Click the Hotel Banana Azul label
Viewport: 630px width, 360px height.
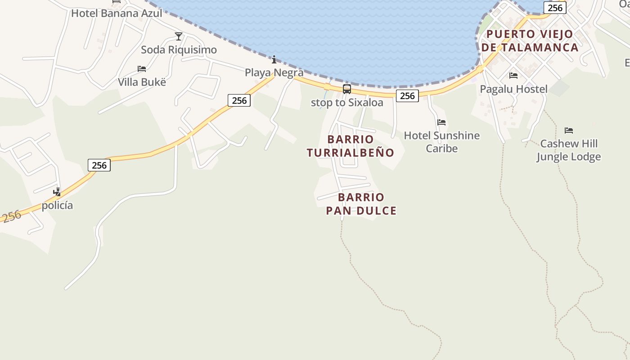click(117, 13)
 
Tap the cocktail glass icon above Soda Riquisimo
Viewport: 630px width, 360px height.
click(179, 36)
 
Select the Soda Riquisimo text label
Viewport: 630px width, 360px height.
click(179, 49)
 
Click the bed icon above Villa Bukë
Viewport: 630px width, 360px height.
click(142, 69)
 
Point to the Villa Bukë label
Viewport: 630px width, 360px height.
click(142, 82)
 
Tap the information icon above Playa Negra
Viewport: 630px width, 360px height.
click(274, 59)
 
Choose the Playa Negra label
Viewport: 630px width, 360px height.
click(274, 72)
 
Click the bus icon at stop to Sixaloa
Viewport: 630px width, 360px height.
click(347, 89)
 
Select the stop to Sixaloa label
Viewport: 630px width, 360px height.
click(347, 103)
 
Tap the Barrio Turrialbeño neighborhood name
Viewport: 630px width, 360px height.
click(351, 146)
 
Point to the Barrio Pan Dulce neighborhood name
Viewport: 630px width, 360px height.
click(361, 204)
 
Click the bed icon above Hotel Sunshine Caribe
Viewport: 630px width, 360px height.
click(441, 122)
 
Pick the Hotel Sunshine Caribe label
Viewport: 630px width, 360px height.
click(441, 142)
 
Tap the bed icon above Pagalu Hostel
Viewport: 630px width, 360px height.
click(513, 76)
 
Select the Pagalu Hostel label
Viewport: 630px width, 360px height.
click(513, 89)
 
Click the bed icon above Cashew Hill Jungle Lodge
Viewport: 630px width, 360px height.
click(569, 130)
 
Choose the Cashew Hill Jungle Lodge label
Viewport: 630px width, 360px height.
click(569, 150)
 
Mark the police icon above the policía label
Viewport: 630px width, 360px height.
click(57, 192)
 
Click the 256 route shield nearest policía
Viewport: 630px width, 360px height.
click(99, 165)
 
